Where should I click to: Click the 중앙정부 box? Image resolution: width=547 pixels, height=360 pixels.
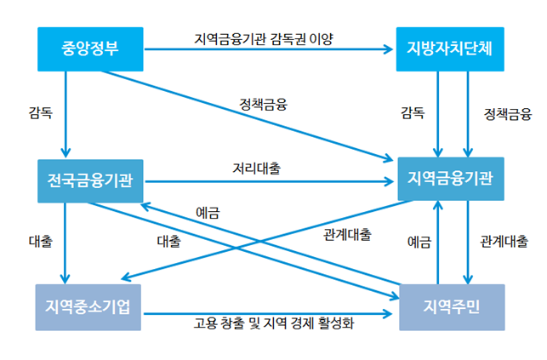pos(90,49)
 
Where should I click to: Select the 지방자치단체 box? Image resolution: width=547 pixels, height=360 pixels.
pos(450,49)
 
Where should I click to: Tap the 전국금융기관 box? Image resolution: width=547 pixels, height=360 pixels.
pos(90,181)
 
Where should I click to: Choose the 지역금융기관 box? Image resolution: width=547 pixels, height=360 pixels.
pos(451,179)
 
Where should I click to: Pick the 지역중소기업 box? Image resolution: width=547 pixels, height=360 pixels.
pos(88,307)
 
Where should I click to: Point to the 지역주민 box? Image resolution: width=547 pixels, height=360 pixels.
pos(452,307)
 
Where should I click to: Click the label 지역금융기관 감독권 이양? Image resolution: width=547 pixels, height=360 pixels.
pos(264,39)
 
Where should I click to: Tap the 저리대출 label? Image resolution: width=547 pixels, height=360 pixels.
pos(257,169)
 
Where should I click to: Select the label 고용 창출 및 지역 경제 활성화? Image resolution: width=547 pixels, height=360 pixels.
pos(274,323)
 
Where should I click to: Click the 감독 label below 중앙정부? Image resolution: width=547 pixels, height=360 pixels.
pos(41,113)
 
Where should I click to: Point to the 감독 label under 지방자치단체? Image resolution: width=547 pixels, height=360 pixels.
pos(413,113)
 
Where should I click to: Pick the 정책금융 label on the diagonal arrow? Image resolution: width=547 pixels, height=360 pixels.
pos(264,105)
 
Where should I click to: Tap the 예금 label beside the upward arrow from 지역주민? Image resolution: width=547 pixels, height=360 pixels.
pos(419,242)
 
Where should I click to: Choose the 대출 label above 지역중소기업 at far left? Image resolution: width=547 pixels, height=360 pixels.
pos(41,242)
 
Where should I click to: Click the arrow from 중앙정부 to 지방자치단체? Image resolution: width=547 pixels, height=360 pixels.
pos(269,49)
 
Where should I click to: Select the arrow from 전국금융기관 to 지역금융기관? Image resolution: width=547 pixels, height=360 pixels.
pos(270,181)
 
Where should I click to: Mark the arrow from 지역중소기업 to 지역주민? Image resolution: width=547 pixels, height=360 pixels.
pos(268,313)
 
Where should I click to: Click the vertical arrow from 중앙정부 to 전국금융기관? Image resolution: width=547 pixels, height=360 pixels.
pos(66,114)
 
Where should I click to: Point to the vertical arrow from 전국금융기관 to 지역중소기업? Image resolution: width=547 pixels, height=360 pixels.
pos(65,243)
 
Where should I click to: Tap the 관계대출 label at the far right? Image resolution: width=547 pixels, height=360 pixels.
pos(504,242)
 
